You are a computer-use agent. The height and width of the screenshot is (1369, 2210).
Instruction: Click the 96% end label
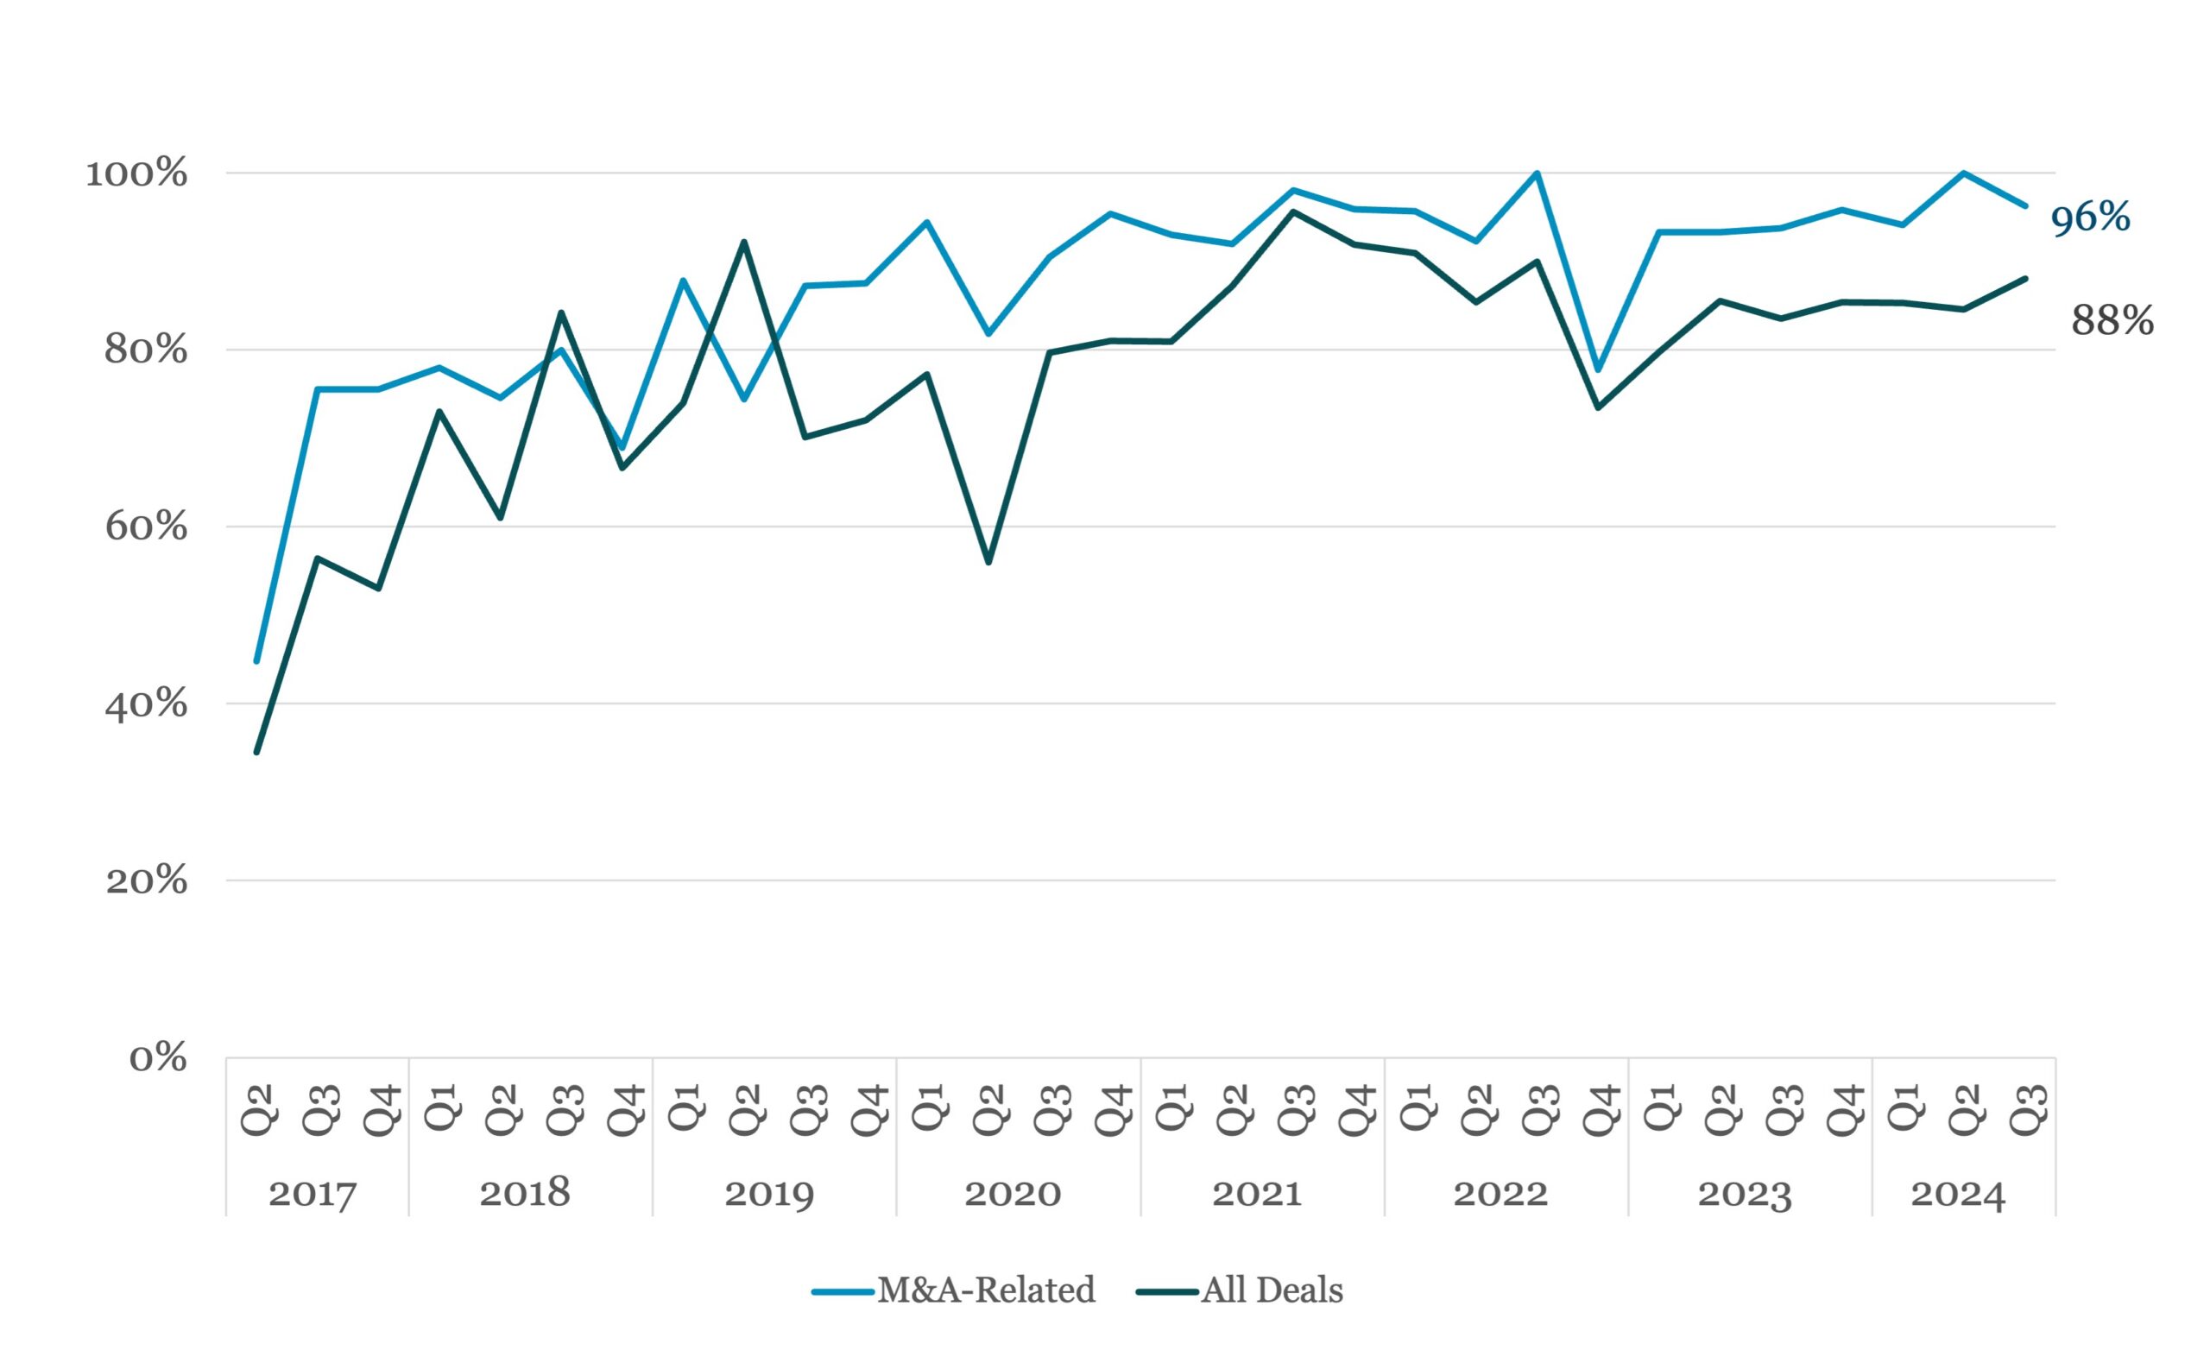[x=2090, y=218]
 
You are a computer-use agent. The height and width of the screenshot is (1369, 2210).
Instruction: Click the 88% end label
[x=2112, y=320]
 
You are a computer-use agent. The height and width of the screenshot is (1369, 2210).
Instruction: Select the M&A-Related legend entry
[x=953, y=1290]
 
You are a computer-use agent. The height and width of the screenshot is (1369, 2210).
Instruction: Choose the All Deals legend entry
[x=1240, y=1290]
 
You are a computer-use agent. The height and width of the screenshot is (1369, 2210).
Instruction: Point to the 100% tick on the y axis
[x=136, y=173]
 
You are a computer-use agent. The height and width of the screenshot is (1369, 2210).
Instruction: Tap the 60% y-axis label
[x=147, y=526]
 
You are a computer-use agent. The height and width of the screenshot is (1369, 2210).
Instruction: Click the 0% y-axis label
[x=159, y=1057]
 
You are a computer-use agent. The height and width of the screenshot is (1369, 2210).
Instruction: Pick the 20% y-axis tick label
[x=147, y=880]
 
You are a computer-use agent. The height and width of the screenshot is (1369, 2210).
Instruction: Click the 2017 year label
[x=313, y=1194]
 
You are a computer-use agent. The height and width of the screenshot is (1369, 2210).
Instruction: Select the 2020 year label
[x=1013, y=1194]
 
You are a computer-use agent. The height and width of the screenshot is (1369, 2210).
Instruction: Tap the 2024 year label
[x=1958, y=1194]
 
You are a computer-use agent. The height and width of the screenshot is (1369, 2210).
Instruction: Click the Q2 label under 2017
[x=258, y=1109]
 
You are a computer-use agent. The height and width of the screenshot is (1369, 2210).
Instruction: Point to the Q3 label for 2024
[x=2027, y=1109]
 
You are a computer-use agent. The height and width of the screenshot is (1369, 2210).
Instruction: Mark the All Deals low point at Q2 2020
[x=988, y=562]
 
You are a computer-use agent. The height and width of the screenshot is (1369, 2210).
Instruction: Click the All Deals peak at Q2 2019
[x=744, y=242]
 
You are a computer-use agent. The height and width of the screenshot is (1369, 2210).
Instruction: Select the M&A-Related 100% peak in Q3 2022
[x=1538, y=173]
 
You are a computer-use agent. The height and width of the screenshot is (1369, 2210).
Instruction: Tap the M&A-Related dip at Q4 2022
[x=1598, y=369]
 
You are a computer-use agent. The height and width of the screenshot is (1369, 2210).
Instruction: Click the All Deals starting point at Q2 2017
[x=257, y=752]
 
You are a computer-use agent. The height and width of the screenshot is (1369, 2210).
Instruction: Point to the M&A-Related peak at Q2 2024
[x=1964, y=173]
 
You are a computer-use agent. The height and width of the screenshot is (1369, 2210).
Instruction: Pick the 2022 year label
[x=1500, y=1194]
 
